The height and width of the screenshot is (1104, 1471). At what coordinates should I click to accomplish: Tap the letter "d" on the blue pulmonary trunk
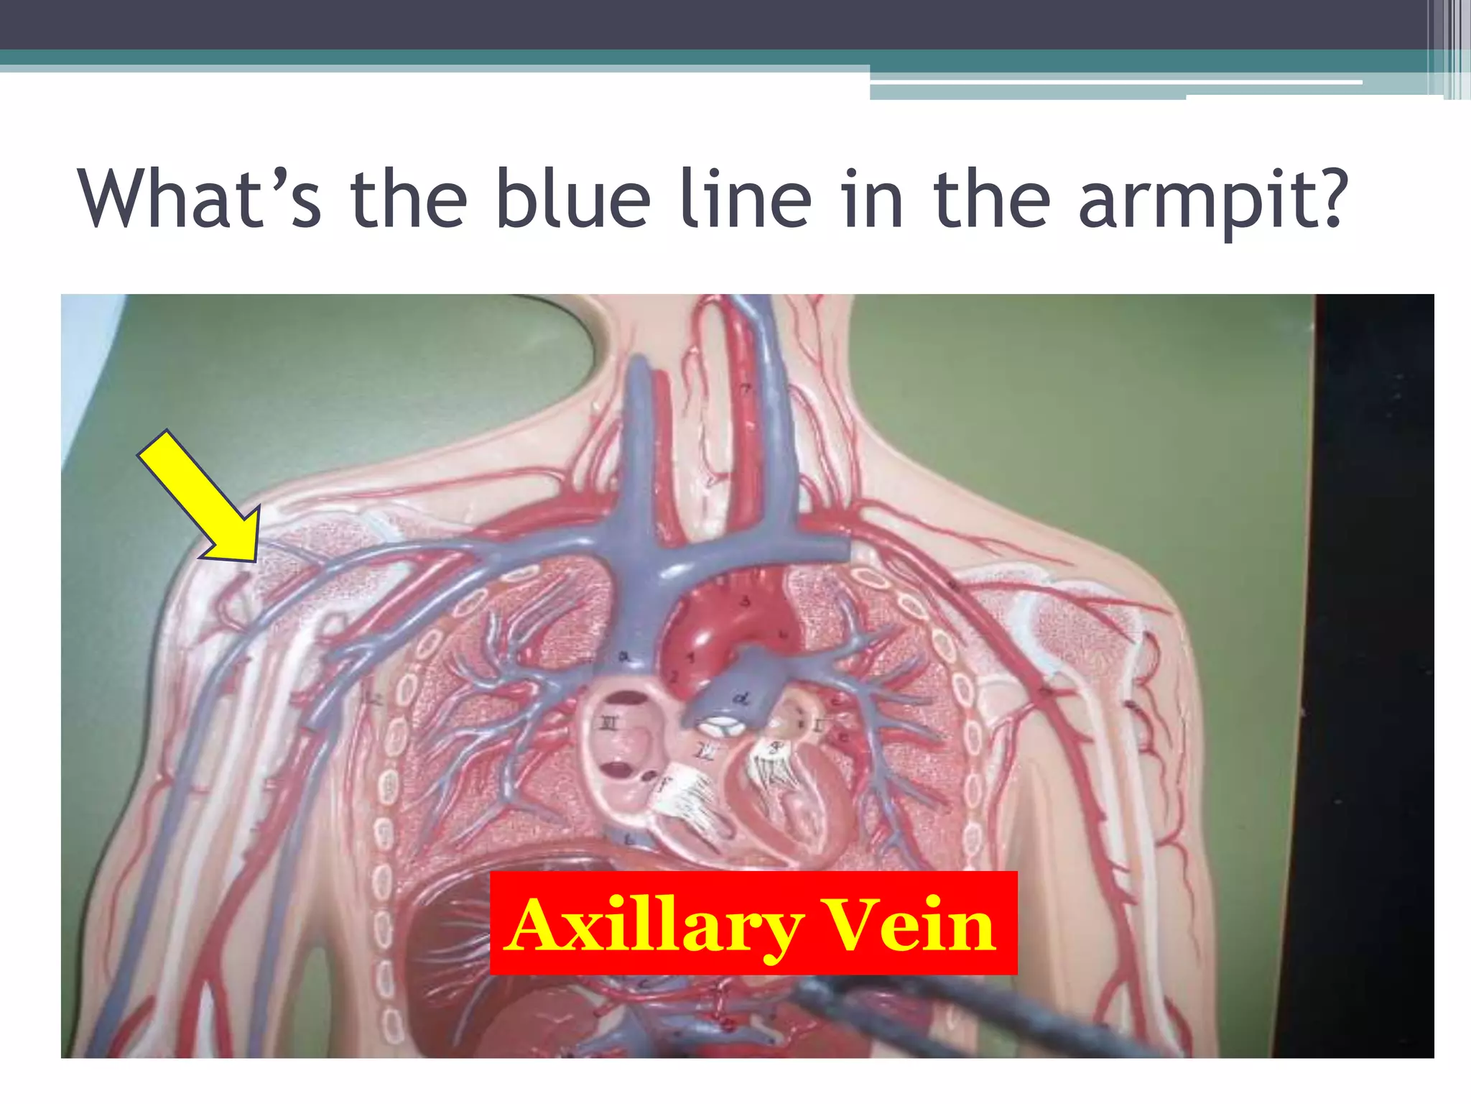(740, 698)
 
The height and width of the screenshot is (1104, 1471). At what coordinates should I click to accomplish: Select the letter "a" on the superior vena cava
(624, 655)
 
